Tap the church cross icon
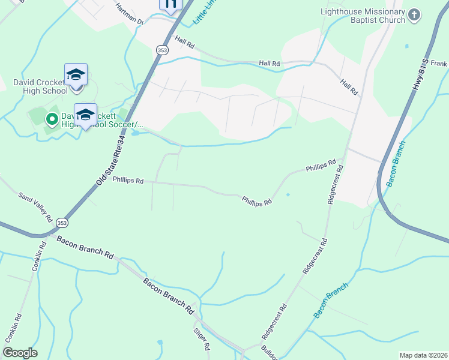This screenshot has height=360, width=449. point(414,15)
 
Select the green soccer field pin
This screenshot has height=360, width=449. point(52,119)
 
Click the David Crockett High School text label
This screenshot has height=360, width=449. point(40,86)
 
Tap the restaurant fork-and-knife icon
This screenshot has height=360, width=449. point(170,5)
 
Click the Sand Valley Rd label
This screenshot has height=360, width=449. point(36,204)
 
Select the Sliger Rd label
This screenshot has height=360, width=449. point(201,338)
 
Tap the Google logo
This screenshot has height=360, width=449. point(20,352)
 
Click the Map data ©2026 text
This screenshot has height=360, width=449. point(423,355)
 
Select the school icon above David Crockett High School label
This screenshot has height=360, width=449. point(76,76)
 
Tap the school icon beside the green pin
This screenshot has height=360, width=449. point(85,115)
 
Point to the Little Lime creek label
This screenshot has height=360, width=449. point(202,13)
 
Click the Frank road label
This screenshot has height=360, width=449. point(439,63)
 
